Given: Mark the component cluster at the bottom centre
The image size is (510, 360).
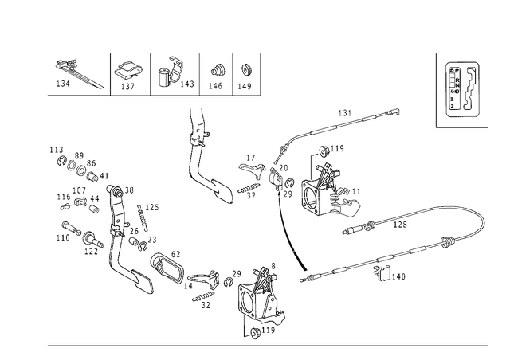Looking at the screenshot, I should (259, 303).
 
